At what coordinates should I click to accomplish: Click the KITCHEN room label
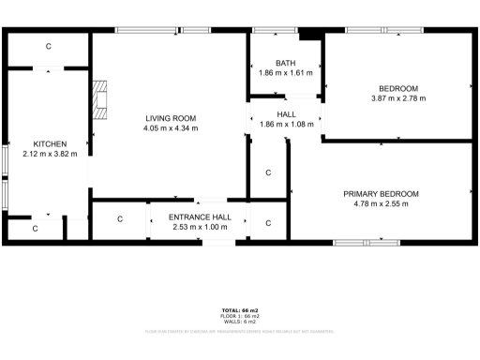pos(43,144)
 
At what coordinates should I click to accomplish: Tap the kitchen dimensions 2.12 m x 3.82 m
pos(43,154)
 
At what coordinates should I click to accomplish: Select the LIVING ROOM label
pos(171,118)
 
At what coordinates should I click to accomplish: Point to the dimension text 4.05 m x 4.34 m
pos(171,128)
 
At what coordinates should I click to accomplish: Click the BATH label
pos(285,63)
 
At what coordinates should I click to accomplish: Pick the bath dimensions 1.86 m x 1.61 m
pos(285,72)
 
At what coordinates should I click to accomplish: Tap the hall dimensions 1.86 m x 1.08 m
pos(286,124)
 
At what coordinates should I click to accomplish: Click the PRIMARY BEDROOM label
pos(381,194)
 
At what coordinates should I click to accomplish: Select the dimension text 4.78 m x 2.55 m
pos(381,203)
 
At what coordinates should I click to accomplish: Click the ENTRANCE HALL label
pos(198,217)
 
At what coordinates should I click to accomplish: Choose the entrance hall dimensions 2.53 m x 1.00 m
pos(198,226)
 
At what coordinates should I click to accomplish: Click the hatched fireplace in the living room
pos(100,97)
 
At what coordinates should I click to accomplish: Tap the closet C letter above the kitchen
pos(50,46)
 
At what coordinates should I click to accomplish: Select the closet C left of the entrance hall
pos(120,219)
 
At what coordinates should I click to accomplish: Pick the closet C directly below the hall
pos(268,172)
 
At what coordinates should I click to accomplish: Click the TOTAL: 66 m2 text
pos(239,309)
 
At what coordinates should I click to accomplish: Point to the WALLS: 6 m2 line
pos(239,321)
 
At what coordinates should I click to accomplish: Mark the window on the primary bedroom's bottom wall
pos(365,242)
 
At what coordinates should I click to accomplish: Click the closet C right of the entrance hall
pos(268,223)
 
